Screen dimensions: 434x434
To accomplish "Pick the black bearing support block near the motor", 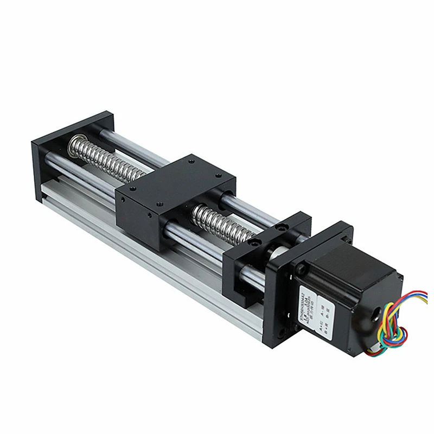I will click(255, 255).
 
